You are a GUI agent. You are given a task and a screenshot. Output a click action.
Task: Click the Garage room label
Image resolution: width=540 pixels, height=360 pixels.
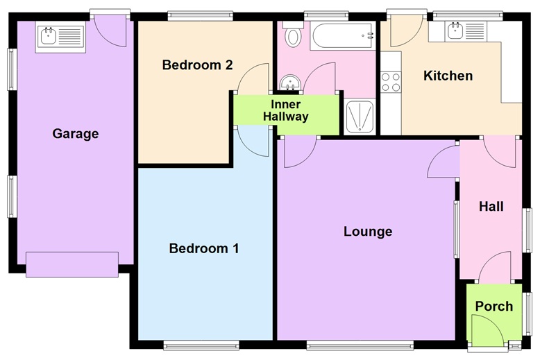coord(76,134)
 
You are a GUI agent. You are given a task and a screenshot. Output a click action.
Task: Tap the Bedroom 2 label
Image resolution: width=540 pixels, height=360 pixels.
coord(197,65)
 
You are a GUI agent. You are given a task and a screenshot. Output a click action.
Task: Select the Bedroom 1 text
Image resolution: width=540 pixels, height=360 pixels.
coord(204,248)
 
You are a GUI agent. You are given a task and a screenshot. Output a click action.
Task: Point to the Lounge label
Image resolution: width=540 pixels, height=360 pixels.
coord(368,232)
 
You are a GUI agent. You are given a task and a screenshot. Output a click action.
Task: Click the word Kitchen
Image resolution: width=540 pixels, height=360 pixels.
coord(448,76)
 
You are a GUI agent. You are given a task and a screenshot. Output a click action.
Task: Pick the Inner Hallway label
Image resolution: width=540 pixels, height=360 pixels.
coord(285,111)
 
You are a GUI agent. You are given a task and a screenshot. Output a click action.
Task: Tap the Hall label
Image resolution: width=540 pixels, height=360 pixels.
coord(491,207)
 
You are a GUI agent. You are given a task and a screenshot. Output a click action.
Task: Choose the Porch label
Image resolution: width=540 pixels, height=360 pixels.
coord(493,306)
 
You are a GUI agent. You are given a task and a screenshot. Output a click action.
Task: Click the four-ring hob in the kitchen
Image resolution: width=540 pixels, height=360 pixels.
coord(391,81)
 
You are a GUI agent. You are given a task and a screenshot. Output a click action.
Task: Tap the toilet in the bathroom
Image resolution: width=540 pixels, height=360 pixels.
coord(292,35)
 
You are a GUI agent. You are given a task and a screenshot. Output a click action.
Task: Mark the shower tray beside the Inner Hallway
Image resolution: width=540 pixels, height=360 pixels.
coord(360,117)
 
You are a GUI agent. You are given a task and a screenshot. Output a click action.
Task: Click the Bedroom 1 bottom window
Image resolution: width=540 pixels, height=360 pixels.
coord(202,343)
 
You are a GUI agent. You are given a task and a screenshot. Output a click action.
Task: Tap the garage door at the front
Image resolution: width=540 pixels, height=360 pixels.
coord(72,264)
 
